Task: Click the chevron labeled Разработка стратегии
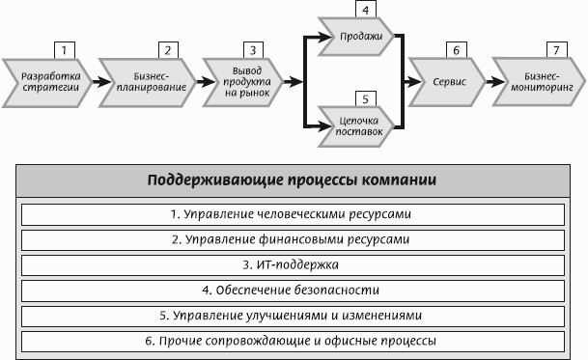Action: point(47,82)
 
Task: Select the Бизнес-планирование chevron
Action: point(148,82)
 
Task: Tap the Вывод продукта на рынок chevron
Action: point(243,82)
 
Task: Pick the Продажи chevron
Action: point(356,37)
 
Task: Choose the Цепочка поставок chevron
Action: point(356,126)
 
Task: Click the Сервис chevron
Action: point(447,82)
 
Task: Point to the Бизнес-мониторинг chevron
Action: point(539,82)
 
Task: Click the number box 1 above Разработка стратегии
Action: point(65,50)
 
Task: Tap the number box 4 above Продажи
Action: point(366,10)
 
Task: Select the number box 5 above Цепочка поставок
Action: point(366,99)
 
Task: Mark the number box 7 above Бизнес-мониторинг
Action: point(556,50)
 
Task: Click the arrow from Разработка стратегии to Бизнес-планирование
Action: point(101,82)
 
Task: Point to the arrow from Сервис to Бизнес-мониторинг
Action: point(495,82)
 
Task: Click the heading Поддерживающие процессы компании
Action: point(293,180)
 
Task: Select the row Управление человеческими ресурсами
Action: point(293,214)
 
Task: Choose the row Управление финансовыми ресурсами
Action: point(293,240)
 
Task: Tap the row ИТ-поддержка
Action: point(293,265)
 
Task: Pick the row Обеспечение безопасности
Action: point(293,291)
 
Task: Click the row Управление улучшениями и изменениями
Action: point(293,317)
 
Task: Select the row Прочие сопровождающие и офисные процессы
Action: point(293,342)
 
